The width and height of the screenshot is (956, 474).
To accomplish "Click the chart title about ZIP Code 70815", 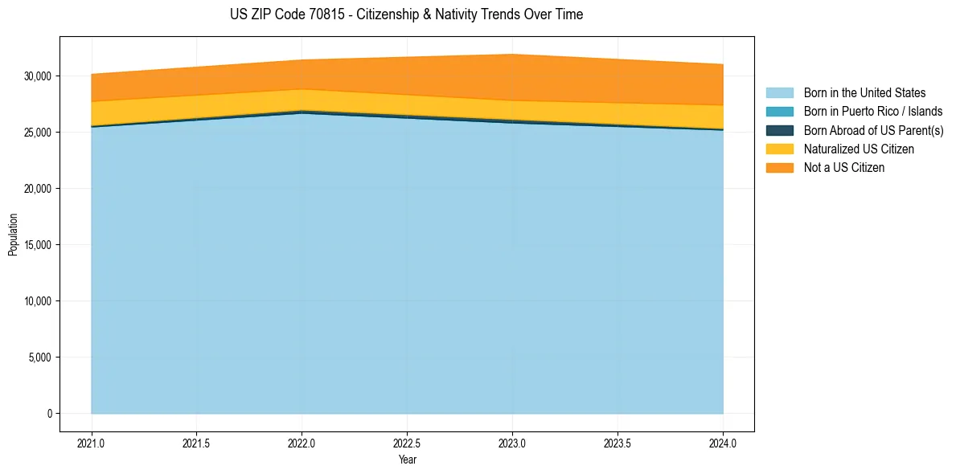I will coord(406,14).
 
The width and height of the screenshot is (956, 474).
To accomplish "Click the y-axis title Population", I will coord(13,235).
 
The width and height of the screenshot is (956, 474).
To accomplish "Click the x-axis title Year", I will coord(407,460).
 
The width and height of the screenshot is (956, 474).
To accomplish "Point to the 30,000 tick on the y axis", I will coord(37,76).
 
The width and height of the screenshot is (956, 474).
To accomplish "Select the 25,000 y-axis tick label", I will coord(37,133).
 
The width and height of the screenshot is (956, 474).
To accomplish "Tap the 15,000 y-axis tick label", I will coord(37,245).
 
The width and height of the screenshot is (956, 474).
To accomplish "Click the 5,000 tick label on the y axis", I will coord(39,358).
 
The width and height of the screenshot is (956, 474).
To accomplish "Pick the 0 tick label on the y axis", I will coord(49,414).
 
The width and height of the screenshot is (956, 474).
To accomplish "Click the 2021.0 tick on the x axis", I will coord(92,442).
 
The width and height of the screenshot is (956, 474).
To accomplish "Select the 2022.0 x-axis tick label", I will coord(302,442).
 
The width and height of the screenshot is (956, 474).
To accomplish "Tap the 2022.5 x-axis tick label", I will coord(407,442).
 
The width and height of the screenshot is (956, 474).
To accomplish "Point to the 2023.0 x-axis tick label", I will coord(512,442).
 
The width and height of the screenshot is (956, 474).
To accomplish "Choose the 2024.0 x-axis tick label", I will coord(723,442).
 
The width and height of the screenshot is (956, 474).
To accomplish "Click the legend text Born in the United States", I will coord(864,93).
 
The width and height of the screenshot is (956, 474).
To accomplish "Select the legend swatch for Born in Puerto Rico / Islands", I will coord(779,112).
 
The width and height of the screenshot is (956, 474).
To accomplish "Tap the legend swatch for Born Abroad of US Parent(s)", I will coord(779,130).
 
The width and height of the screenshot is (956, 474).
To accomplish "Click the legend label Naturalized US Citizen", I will coord(859,149).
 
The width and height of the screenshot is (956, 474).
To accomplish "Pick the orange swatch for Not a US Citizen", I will coord(779,168).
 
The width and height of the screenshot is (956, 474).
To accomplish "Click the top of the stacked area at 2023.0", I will coord(512,55).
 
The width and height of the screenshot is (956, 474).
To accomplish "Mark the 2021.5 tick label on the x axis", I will coord(196,442).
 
